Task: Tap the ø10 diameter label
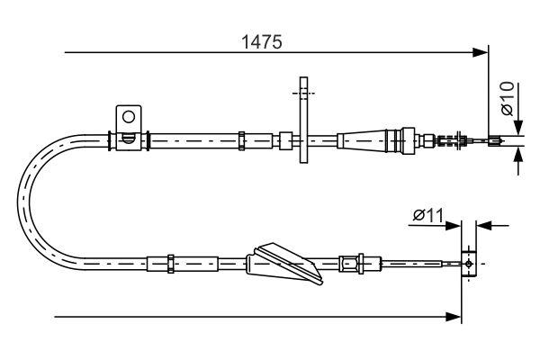click(x=507, y=98)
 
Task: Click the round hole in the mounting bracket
click(x=129, y=116)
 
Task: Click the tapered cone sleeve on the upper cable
click(x=361, y=139)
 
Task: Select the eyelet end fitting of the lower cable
click(x=467, y=263)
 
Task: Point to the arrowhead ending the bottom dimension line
click(x=455, y=316)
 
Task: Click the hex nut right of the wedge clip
click(x=346, y=263)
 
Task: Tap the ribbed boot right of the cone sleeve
click(x=397, y=139)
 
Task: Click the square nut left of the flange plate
click(x=284, y=139)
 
